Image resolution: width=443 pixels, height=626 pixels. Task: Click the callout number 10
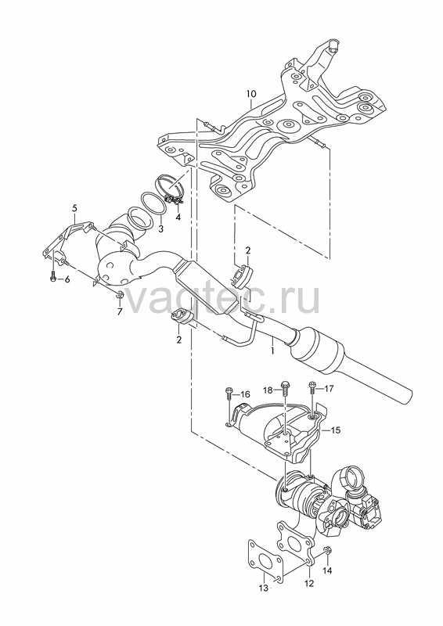click(x=251, y=94)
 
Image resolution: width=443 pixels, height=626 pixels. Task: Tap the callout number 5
click(x=74, y=207)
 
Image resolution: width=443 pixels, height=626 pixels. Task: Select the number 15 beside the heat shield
click(x=336, y=430)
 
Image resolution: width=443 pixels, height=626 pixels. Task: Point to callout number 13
click(x=263, y=588)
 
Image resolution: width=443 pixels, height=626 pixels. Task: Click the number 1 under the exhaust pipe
click(x=272, y=351)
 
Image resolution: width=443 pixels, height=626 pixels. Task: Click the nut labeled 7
click(x=119, y=296)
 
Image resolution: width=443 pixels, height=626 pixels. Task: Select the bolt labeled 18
click(x=284, y=387)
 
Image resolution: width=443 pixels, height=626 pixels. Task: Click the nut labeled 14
click(x=327, y=551)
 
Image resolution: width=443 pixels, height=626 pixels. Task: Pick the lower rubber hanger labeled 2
click(x=182, y=317)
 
